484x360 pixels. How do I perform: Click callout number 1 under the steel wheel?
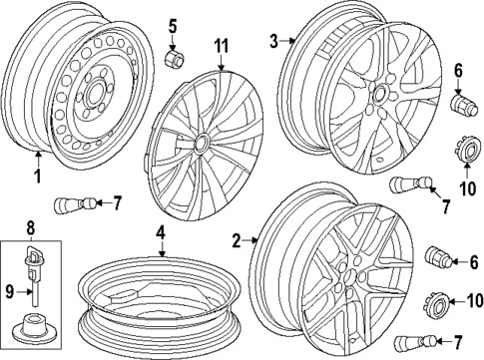[x=38, y=178]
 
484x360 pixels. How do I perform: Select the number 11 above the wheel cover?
[x=222, y=47]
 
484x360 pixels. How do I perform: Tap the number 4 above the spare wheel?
[x=159, y=234]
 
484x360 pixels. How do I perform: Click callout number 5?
[x=171, y=25]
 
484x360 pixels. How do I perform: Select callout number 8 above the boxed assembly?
[x=30, y=227]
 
